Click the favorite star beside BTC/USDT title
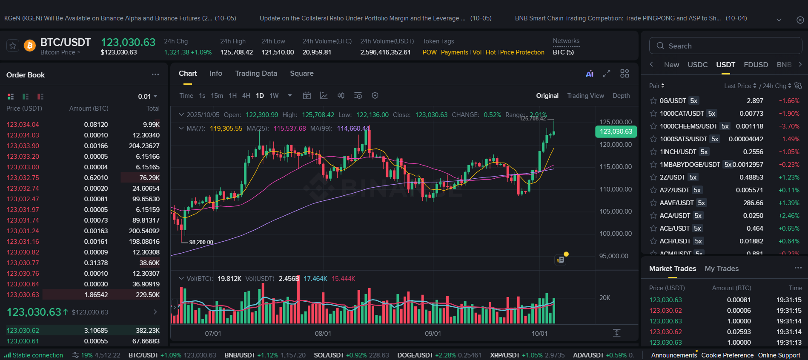point(13,46)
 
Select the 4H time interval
point(246,96)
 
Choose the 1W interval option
point(274,96)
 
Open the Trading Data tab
point(256,73)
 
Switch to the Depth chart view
point(621,96)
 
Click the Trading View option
point(585,96)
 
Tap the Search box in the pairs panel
point(725,46)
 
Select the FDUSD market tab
point(756,65)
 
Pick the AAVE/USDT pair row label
point(676,203)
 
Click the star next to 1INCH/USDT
point(653,152)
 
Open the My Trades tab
point(721,269)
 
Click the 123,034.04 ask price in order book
point(23,125)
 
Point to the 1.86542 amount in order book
point(96,295)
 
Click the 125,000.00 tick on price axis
point(615,122)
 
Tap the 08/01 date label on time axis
point(323,334)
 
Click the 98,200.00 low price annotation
point(201,243)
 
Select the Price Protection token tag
point(522,52)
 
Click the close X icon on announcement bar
point(800,20)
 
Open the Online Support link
point(779,355)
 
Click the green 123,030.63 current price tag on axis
point(616,131)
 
